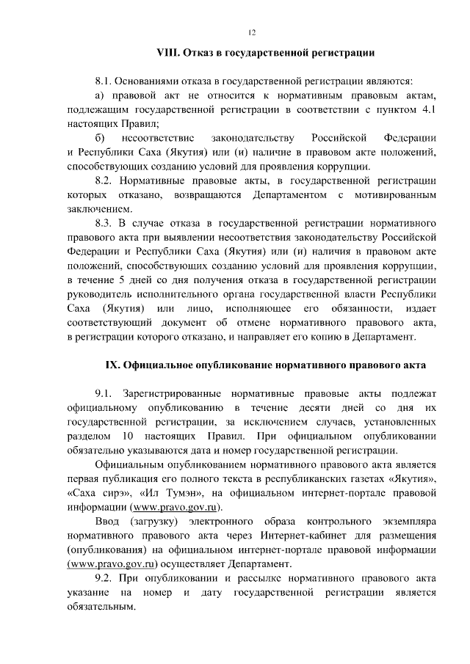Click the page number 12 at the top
(x=252, y=32)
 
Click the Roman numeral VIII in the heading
(x=170, y=53)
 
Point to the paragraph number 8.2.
(x=104, y=180)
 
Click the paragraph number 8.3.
(x=104, y=222)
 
